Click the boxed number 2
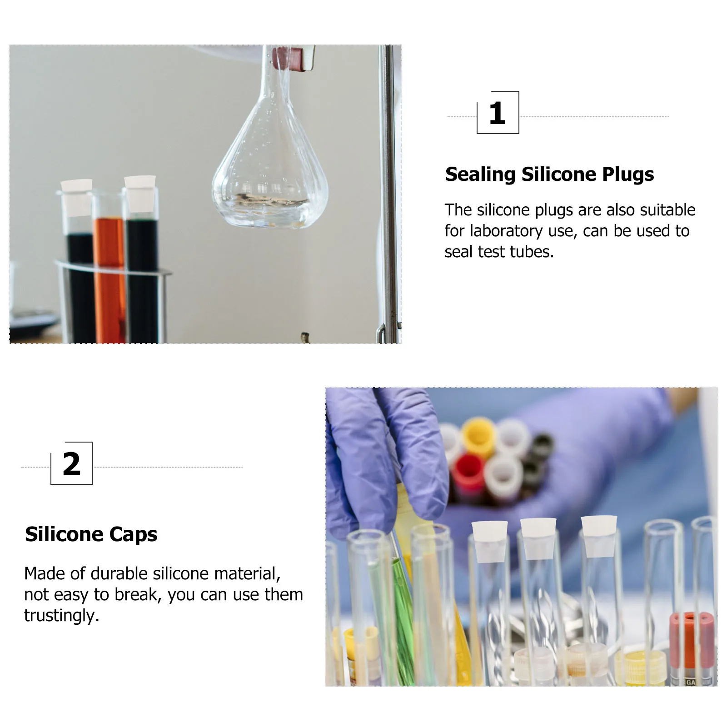point(72,464)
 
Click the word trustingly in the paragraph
point(61,615)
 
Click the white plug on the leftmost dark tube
point(77,196)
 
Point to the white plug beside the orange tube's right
point(140,193)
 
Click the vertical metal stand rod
point(389,191)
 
